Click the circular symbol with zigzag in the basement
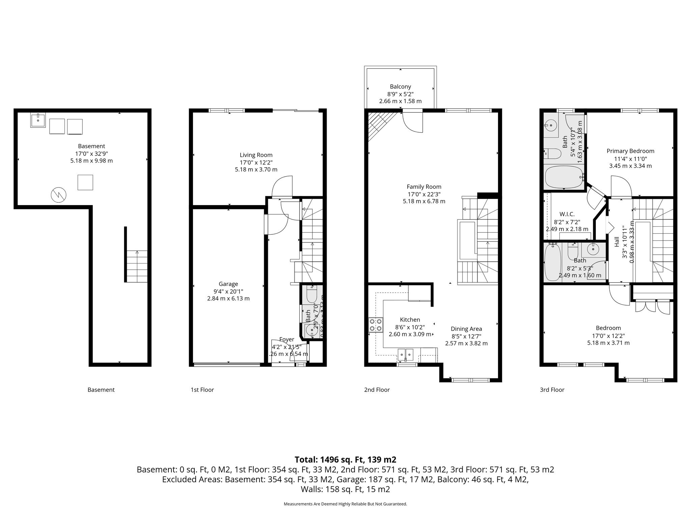click(58, 195)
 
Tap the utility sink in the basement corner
click(38, 120)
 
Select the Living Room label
click(256, 155)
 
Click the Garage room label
click(228, 284)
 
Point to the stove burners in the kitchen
click(376, 325)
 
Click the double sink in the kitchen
click(406, 354)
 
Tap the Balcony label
click(400, 87)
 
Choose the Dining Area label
click(466, 329)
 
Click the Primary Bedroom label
click(630, 151)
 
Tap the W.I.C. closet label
click(567, 214)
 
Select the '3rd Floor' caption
click(552, 390)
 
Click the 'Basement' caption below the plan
click(101, 390)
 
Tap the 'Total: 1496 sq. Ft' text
click(345, 460)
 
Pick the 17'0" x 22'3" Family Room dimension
click(424, 194)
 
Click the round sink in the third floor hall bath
click(593, 250)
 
